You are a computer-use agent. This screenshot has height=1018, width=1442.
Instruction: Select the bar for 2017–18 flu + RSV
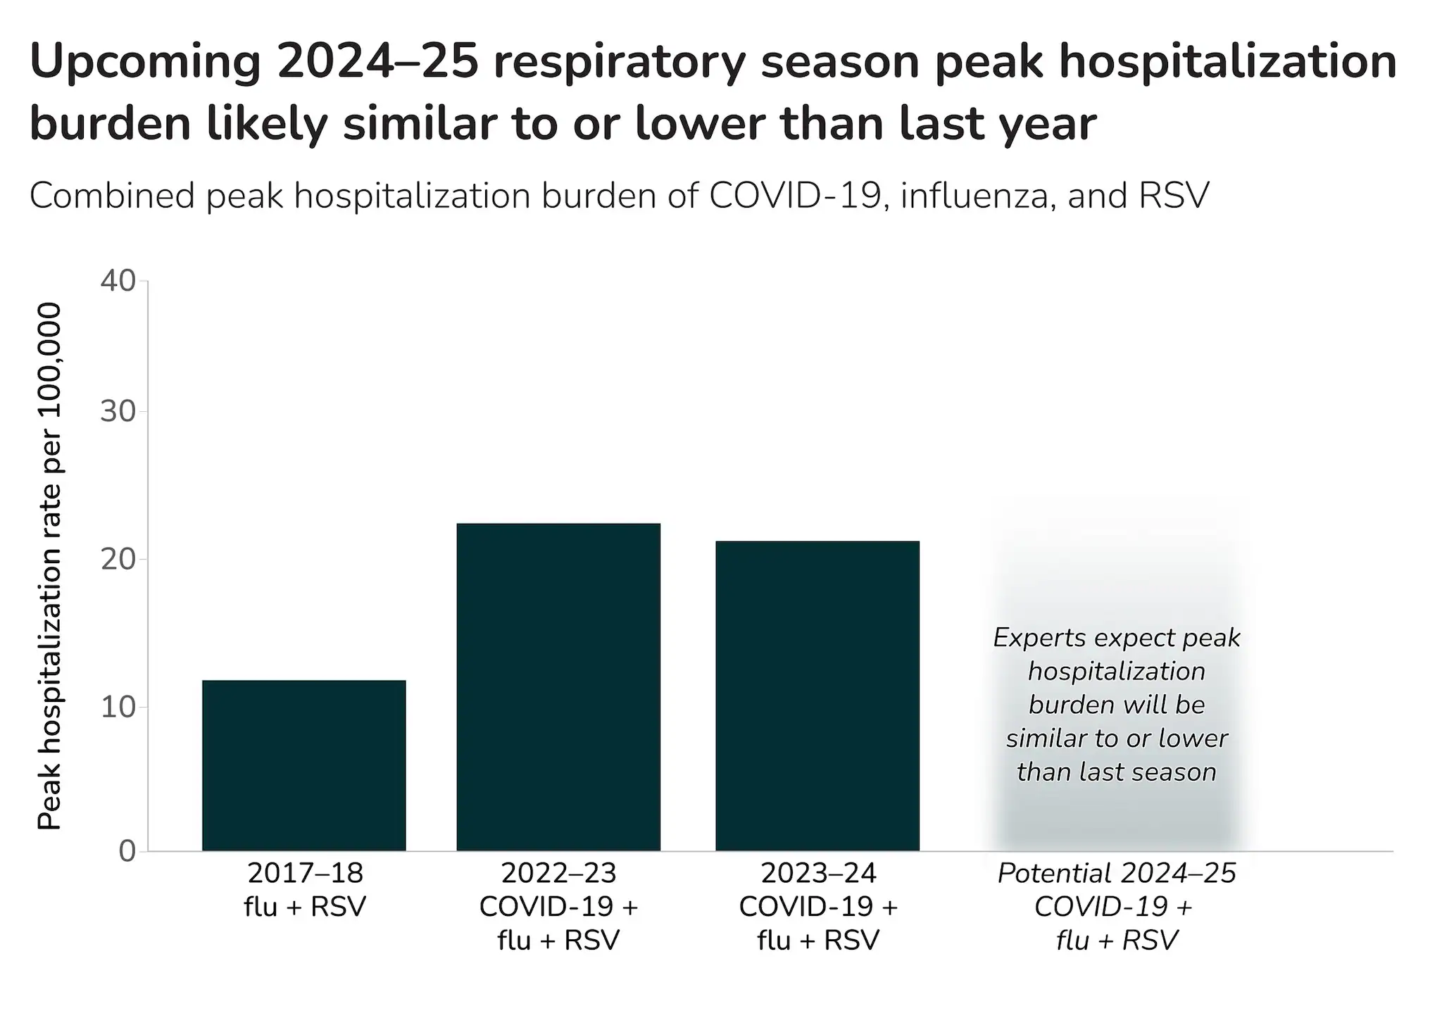pos(303,765)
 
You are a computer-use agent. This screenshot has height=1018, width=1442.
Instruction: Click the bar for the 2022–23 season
pos(558,687)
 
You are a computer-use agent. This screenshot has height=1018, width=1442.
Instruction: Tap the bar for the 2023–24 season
pos(817,696)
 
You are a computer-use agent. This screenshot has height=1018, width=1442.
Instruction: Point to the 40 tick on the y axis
pos(118,281)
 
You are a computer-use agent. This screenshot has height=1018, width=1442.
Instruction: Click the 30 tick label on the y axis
pos(118,412)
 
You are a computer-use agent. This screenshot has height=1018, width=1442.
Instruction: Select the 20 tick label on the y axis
pos(118,560)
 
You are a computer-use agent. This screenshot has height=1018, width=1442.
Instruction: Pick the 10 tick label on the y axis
pos(118,707)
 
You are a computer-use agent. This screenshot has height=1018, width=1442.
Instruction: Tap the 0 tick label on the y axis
pos(127,851)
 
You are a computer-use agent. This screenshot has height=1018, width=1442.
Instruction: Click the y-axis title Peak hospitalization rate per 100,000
pos(49,566)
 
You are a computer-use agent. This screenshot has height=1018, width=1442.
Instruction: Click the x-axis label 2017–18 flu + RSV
pos(305,890)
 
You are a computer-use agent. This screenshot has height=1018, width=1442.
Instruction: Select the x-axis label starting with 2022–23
pos(558,907)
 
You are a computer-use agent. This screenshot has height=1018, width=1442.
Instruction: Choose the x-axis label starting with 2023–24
pos(818,907)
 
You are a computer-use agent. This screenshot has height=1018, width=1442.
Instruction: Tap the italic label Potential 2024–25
pos(1117,874)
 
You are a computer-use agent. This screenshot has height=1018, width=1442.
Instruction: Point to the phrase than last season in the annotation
pos(1117,772)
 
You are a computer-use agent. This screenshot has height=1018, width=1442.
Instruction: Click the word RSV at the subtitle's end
pos(1173,195)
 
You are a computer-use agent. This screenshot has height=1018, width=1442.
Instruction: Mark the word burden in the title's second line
pos(111,124)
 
